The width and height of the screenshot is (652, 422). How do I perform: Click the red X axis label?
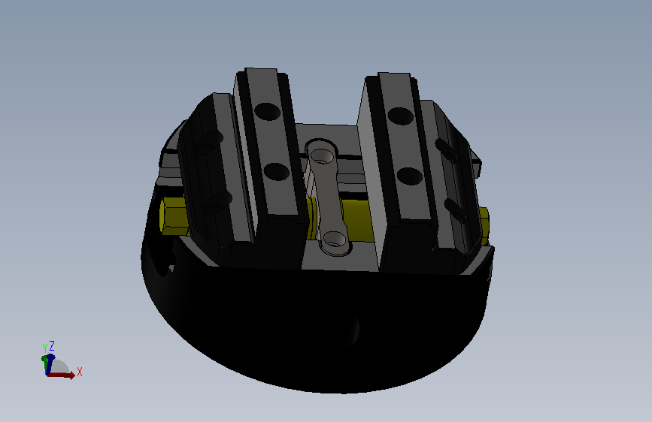[x=80, y=372]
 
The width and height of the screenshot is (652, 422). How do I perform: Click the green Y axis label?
[x=45, y=348]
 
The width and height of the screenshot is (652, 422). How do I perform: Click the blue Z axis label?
[x=52, y=345]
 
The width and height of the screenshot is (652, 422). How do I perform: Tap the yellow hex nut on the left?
[x=174, y=216]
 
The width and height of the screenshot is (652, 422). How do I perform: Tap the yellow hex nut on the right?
[x=484, y=226]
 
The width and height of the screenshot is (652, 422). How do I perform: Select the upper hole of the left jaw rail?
[x=268, y=112]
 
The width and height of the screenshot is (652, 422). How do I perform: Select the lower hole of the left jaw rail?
[x=277, y=171]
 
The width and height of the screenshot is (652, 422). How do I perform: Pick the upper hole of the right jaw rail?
[x=400, y=116]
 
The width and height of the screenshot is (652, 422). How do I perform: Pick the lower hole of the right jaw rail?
[x=410, y=176]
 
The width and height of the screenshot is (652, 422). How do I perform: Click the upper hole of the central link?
[x=321, y=156]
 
